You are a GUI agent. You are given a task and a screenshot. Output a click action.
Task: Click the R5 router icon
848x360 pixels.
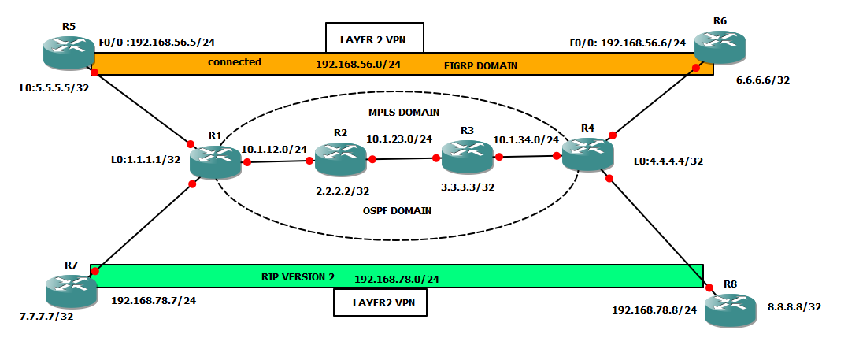tap(69, 53)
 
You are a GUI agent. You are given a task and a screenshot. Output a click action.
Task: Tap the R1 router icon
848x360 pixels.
tap(215, 160)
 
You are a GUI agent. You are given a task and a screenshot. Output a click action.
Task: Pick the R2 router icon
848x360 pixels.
tap(339, 158)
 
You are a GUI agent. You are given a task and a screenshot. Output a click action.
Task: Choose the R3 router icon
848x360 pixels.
tap(467, 157)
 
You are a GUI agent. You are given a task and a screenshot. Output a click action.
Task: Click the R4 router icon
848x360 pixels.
tap(587, 153)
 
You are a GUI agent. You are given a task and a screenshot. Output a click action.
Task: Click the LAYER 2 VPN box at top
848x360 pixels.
tap(374, 37)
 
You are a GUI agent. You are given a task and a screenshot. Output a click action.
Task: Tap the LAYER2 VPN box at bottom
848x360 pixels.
tap(380, 302)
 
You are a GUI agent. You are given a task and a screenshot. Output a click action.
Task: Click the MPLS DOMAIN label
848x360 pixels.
tap(403, 113)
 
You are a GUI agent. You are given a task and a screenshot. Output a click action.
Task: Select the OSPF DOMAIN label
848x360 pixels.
tap(398, 210)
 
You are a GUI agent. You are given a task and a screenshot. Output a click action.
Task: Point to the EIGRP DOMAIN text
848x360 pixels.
tap(480, 66)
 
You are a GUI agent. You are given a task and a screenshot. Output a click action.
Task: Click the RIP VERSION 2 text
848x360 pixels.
tap(298, 276)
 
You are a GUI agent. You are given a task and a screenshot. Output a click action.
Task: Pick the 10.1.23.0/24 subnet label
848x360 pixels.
tap(399, 139)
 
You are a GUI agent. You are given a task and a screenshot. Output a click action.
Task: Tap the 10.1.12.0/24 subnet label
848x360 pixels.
tap(274, 148)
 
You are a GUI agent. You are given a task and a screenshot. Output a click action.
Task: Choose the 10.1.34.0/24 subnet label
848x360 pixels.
tap(525, 140)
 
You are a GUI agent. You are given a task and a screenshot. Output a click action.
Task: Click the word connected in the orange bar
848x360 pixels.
tap(235, 61)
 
